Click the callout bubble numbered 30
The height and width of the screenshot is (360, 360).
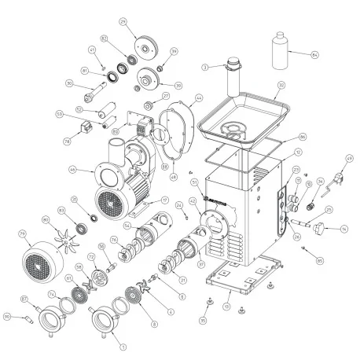click(68, 85)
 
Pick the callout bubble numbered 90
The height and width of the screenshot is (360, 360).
click(7, 317)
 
